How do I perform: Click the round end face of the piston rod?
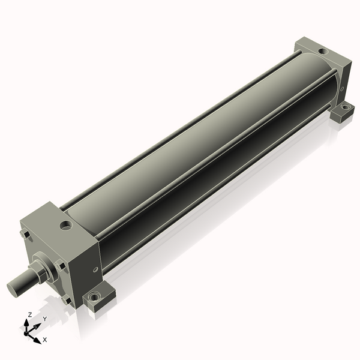click(13, 289)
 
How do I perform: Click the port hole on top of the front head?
click(66, 225)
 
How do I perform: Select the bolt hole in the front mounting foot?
click(94, 298)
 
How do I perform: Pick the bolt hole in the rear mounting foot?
click(345, 107)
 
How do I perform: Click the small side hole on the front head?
click(96, 269)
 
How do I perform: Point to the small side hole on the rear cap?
click(342, 89)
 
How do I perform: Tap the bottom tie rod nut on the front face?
click(67, 301)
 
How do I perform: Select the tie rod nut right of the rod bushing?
click(60, 266)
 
